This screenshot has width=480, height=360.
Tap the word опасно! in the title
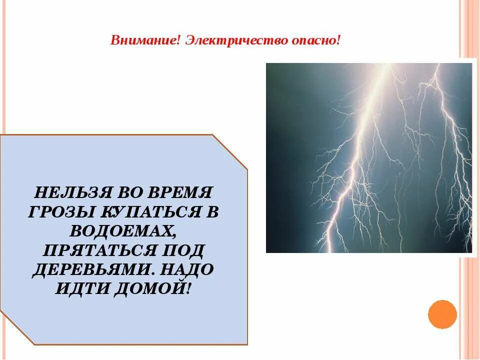coord(316,40)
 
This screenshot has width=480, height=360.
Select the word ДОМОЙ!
coord(153,288)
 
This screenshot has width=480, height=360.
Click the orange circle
coord(442,314)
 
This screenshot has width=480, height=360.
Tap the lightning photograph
coord(368,157)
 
